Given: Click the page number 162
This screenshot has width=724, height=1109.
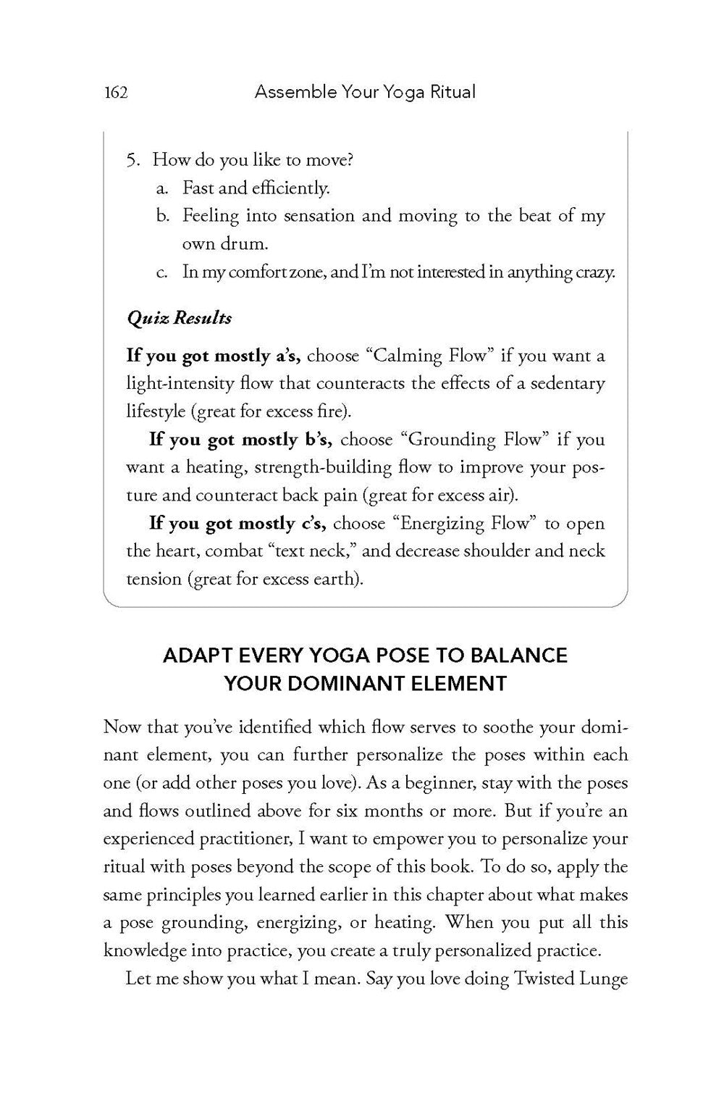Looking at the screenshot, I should tap(116, 92).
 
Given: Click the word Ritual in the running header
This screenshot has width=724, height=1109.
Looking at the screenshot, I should tap(452, 92).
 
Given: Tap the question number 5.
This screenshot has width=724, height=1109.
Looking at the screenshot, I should tap(132, 160).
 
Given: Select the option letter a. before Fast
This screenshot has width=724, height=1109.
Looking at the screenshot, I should tap(163, 188).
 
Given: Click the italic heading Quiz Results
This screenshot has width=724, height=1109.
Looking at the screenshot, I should tap(179, 318).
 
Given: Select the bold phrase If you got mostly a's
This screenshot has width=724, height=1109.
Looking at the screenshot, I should tap(214, 356).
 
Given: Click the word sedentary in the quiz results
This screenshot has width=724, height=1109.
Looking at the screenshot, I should tap(567, 384).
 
